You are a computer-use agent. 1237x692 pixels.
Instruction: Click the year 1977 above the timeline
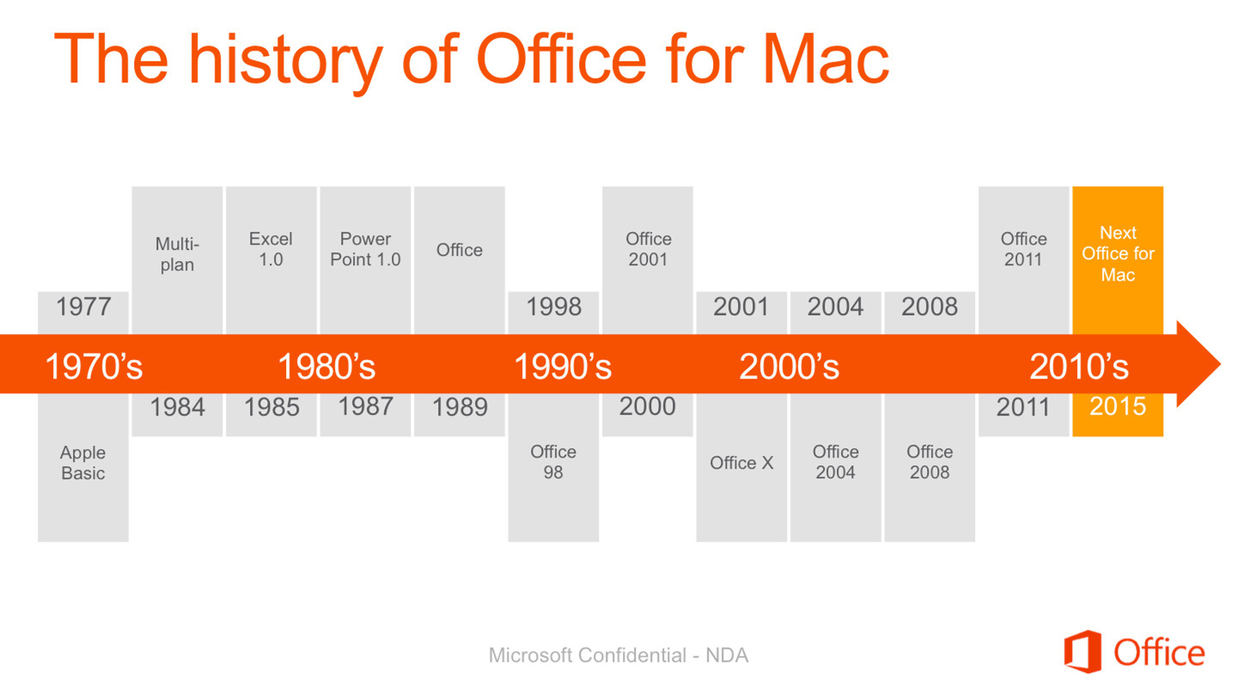pyautogui.click(x=83, y=307)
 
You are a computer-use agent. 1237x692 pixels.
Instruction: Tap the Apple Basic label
pyautogui.click(x=82, y=463)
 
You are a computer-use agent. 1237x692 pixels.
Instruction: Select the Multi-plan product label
pyautogui.click(x=177, y=254)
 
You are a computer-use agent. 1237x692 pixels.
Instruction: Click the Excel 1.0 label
pyautogui.click(x=271, y=249)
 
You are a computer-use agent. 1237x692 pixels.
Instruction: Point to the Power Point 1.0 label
pyautogui.click(x=365, y=249)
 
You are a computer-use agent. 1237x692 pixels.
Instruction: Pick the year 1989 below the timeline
pyautogui.click(x=460, y=408)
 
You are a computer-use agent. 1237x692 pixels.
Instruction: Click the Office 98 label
pyautogui.click(x=553, y=462)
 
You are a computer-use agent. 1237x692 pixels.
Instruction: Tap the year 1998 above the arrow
pyautogui.click(x=553, y=307)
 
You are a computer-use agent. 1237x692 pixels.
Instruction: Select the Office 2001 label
pyautogui.click(x=648, y=249)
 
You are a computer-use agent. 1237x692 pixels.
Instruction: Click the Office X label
pyautogui.click(x=741, y=463)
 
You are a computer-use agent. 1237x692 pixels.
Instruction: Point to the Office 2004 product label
pyautogui.click(x=836, y=462)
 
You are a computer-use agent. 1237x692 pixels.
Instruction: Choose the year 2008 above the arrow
pyautogui.click(x=929, y=307)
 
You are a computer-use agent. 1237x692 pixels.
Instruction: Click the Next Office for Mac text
pyautogui.click(x=1118, y=254)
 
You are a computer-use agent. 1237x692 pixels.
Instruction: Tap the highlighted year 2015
pyautogui.click(x=1118, y=407)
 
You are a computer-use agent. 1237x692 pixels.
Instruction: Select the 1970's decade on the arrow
pyautogui.click(x=94, y=367)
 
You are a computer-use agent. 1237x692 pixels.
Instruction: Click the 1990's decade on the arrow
pyautogui.click(x=563, y=367)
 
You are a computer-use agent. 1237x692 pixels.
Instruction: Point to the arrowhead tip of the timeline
pyautogui.click(x=1220, y=364)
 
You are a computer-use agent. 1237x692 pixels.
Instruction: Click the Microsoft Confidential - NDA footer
pyautogui.click(x=618, y=656)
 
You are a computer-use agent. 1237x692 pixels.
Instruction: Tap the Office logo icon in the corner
pyautogui.click(x=1082, y=652)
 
